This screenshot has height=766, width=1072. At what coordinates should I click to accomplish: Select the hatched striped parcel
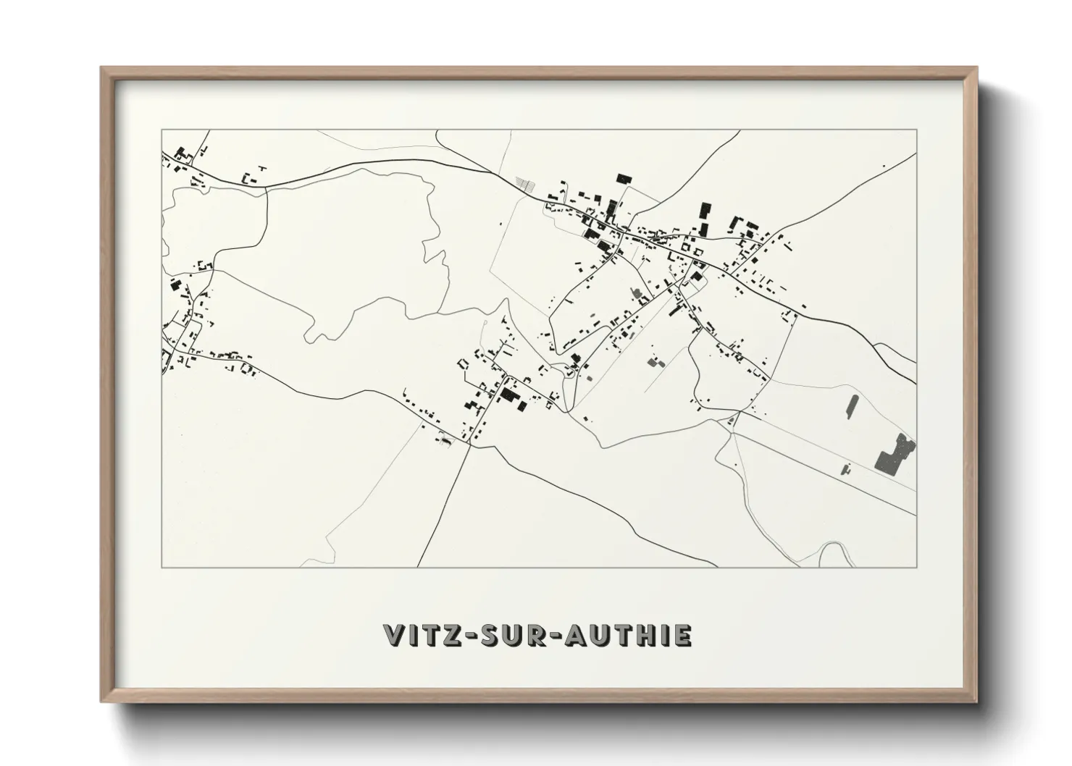[527, 184]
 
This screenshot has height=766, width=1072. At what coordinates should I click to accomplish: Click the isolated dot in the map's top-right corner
[884, 167]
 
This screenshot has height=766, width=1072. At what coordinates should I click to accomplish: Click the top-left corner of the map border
[162, 130]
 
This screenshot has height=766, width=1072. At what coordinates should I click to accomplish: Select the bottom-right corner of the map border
[916, 567]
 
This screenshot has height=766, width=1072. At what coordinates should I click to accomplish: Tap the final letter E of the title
[683, 636]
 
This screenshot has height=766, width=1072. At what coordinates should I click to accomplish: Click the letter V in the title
[395, 636]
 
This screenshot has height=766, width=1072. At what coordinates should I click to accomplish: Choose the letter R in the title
[548, 636]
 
